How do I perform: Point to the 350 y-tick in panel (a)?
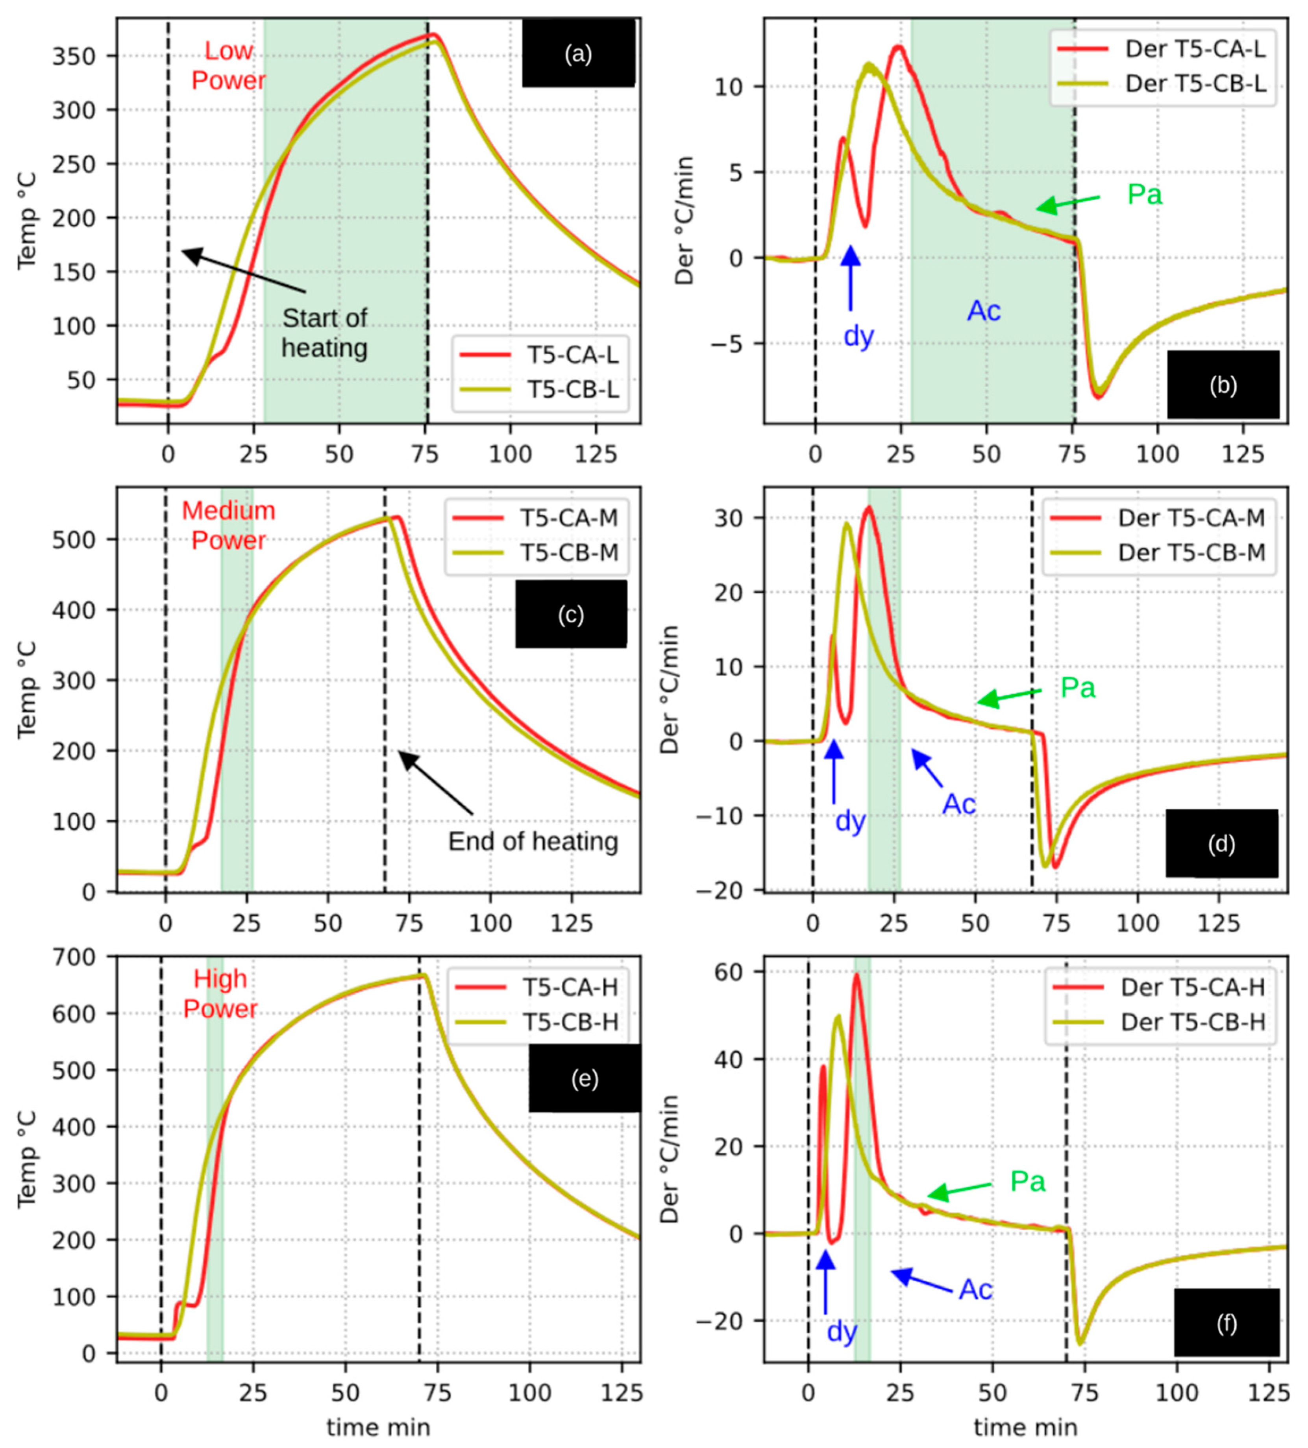coord(74,56)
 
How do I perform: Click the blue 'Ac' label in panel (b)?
coord(983,311)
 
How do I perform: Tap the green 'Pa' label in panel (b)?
coord(1144,194)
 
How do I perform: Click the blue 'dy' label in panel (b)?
coord(858,335)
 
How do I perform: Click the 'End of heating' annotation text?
coord(533,841)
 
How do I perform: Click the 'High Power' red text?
coord(220,993)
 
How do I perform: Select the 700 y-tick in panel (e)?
coord(74,957)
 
